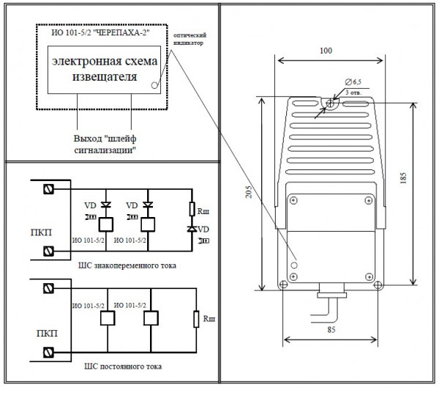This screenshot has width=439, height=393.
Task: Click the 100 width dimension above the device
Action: pos(326,51)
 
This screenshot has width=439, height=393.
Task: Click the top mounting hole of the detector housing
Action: pos(329,103)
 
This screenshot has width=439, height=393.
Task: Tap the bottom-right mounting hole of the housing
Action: pos(378,284)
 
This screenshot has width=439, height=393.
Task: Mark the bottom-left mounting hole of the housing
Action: pos(279,284)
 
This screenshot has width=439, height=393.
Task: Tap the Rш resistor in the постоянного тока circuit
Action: pos(195,319)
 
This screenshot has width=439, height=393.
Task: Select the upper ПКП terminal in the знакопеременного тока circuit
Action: pos(48,189)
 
